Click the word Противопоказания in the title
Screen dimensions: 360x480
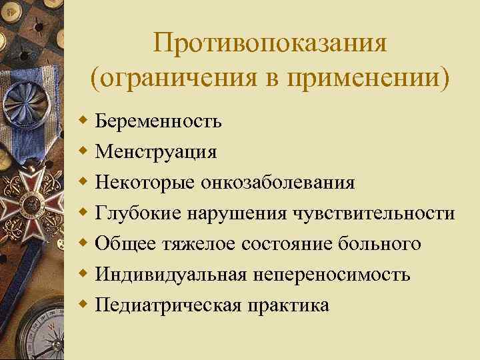(269, 45)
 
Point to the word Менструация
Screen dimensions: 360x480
(156, 152)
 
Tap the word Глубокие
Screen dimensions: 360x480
(139, 213)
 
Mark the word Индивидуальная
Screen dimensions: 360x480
(171, 275)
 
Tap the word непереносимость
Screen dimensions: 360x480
(335, 275)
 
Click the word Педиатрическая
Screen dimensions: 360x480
(169, 305)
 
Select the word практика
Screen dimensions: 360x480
(289, 305)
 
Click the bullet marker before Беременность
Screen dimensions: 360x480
(83, 122)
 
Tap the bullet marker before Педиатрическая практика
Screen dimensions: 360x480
(83, 305)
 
